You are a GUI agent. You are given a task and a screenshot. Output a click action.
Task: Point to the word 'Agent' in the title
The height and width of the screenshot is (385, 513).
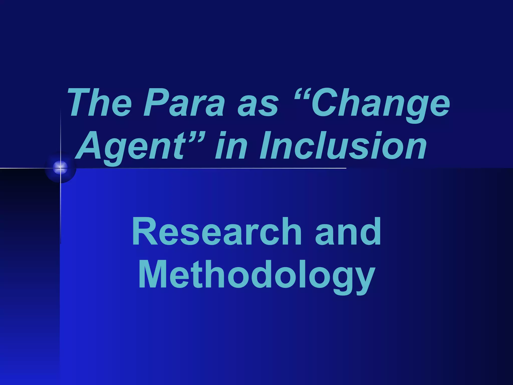click(131, 147)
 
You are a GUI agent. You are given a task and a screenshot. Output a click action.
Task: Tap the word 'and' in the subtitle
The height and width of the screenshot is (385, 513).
click(348, 232)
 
